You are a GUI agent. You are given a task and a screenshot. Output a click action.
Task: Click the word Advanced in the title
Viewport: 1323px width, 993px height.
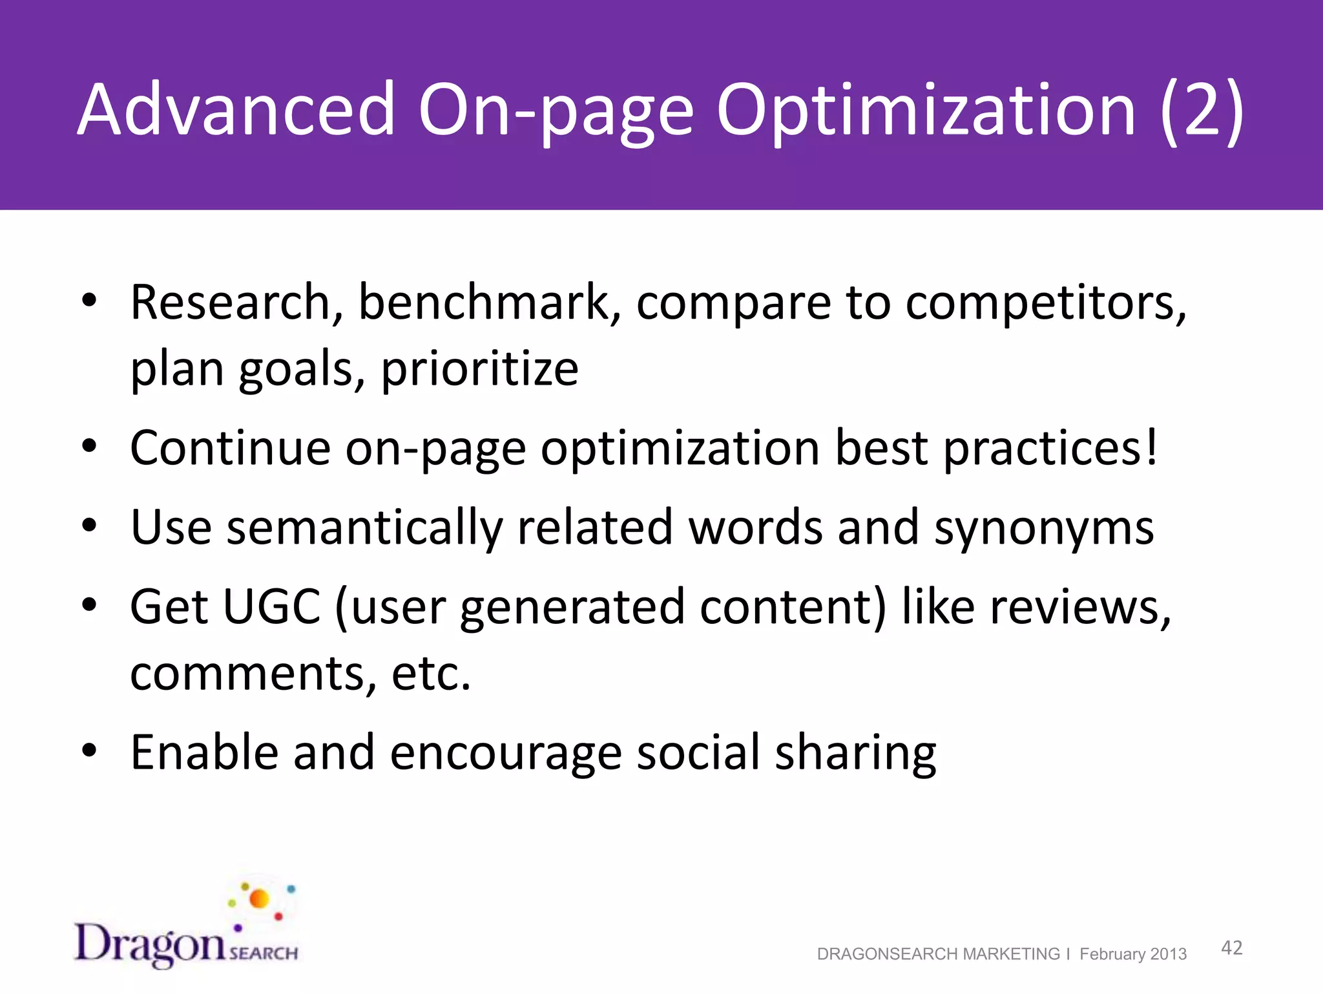coord(236,110)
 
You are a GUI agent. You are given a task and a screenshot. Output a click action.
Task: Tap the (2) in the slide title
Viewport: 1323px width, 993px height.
coord(1202,110)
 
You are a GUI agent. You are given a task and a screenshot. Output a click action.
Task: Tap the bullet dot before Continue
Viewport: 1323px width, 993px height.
coord(89,446)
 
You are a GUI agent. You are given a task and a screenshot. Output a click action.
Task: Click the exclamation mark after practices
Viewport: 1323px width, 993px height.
coord(1151,447)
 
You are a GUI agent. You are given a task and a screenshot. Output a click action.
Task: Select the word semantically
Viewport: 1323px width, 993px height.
coord(364,527)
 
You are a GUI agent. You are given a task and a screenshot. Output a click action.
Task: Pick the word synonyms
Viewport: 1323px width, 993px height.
coord(1043,527)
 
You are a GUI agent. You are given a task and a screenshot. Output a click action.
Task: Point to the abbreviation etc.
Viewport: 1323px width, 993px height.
coord(431,673)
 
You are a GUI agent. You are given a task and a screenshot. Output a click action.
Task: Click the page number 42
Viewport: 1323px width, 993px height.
coord(1231,948)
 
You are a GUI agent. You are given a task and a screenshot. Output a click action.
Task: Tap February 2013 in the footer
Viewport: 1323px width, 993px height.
coord(1133,954)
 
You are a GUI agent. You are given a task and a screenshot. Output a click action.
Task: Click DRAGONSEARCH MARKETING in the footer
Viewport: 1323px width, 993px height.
coord(938,954)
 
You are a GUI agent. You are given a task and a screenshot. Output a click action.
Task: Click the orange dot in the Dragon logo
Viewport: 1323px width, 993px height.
coord(259,899)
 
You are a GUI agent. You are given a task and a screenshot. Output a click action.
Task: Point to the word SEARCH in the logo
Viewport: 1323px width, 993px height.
coord(264,953)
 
